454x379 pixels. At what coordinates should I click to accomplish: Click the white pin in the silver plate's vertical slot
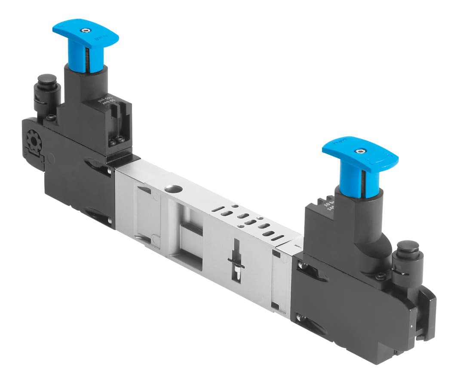(237, 272)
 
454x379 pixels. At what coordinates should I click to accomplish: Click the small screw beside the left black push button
(51, 117)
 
